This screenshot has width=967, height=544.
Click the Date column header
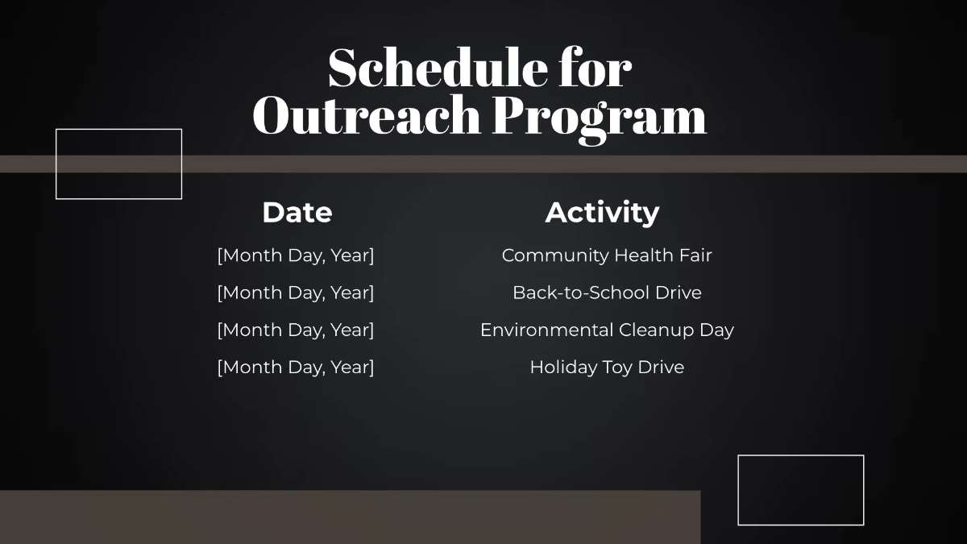[297, 213]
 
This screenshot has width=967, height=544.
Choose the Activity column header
[602, 213]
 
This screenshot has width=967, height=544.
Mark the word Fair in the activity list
[694, 255]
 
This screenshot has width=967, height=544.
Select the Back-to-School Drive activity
[607, 293]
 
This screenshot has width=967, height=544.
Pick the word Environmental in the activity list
[546, 330]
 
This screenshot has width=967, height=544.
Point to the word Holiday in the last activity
[562, 368]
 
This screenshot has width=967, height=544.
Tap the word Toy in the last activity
[616, 368]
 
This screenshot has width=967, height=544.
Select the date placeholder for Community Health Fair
[296, 255]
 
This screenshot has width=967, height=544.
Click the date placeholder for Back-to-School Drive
[296, 293]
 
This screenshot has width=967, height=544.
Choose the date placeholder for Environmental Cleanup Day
[296, 330]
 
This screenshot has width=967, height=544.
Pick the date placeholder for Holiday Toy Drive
[296, 368]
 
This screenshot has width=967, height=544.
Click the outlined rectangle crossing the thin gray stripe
[118, 164]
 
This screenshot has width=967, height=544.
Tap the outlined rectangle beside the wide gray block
[800, 490]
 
